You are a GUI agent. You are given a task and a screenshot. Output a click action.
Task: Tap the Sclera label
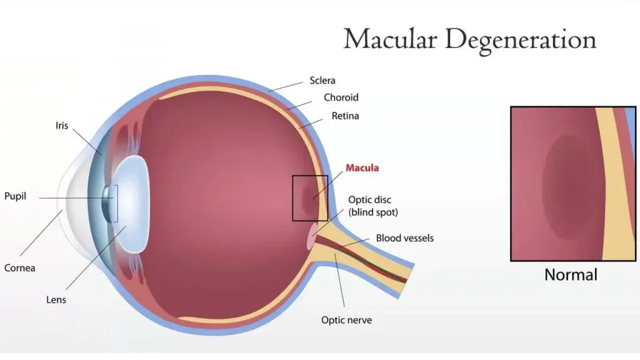click(322, 81)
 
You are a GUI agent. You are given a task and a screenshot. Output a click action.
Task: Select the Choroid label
click(341, 97)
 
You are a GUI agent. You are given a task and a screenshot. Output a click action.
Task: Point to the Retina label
click(345, 116)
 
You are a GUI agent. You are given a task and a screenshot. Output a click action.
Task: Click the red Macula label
click(362, 168)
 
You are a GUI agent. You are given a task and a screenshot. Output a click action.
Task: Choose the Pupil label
click(15, 196)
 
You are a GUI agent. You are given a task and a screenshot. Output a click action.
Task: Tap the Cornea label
click(19, 268)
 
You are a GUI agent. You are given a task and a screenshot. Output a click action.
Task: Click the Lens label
click(56, 300)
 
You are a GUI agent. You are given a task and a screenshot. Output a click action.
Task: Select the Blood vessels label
click(404, 238)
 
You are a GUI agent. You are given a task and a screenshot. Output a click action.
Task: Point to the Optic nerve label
click(347, 320)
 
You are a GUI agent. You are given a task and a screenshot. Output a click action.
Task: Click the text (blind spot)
click(373, 212)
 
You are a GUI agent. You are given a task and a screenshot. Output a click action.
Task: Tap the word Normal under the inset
click(571, 275)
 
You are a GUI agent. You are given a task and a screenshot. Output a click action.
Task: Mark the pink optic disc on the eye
click(311, 237)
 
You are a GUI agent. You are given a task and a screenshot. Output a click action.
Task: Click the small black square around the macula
click(293, 198)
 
